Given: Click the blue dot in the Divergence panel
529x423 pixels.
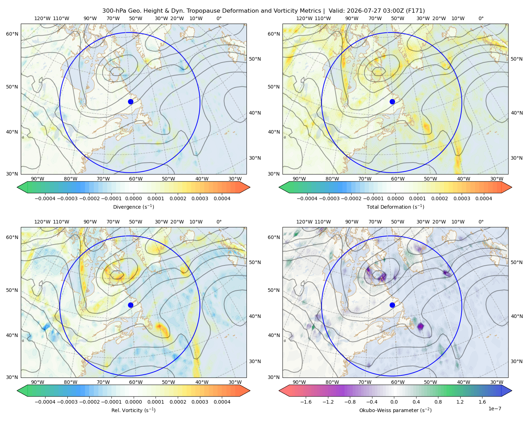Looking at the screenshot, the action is click(x=130, y=102).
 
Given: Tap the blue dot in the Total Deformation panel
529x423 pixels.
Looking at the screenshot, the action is click(x=392, y=102).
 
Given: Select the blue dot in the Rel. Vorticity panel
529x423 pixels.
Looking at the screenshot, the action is click(x=130, y=305).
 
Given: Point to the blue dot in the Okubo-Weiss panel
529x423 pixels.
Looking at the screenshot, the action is click(x=392, y=305).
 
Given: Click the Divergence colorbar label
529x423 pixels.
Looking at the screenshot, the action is click(x=133, y=207).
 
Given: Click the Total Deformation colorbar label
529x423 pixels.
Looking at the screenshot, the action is click(x=395, y=207).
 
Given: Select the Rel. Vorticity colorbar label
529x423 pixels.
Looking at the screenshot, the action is click(x=133, y=410).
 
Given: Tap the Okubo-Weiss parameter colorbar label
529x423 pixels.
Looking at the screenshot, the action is click(x=395, y=410).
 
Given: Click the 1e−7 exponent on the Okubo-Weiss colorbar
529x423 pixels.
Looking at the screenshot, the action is click(x=494, y=409).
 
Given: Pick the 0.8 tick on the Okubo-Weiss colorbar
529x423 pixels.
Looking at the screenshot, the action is click(x=438, y=402).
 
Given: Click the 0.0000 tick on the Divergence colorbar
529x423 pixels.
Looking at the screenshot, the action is click(x=133, y=198).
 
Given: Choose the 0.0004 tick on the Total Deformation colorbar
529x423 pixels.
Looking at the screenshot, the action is click(x=484, y=198).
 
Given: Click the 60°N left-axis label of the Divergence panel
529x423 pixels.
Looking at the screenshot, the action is click(x=12, y=34).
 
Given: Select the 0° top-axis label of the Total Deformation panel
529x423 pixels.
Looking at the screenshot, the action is click(x=481, y=18).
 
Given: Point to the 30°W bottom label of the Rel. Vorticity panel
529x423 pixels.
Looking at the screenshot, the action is click(x=235, y=382).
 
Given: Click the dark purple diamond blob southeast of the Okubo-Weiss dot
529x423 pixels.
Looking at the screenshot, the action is click(x=421, y=326).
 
